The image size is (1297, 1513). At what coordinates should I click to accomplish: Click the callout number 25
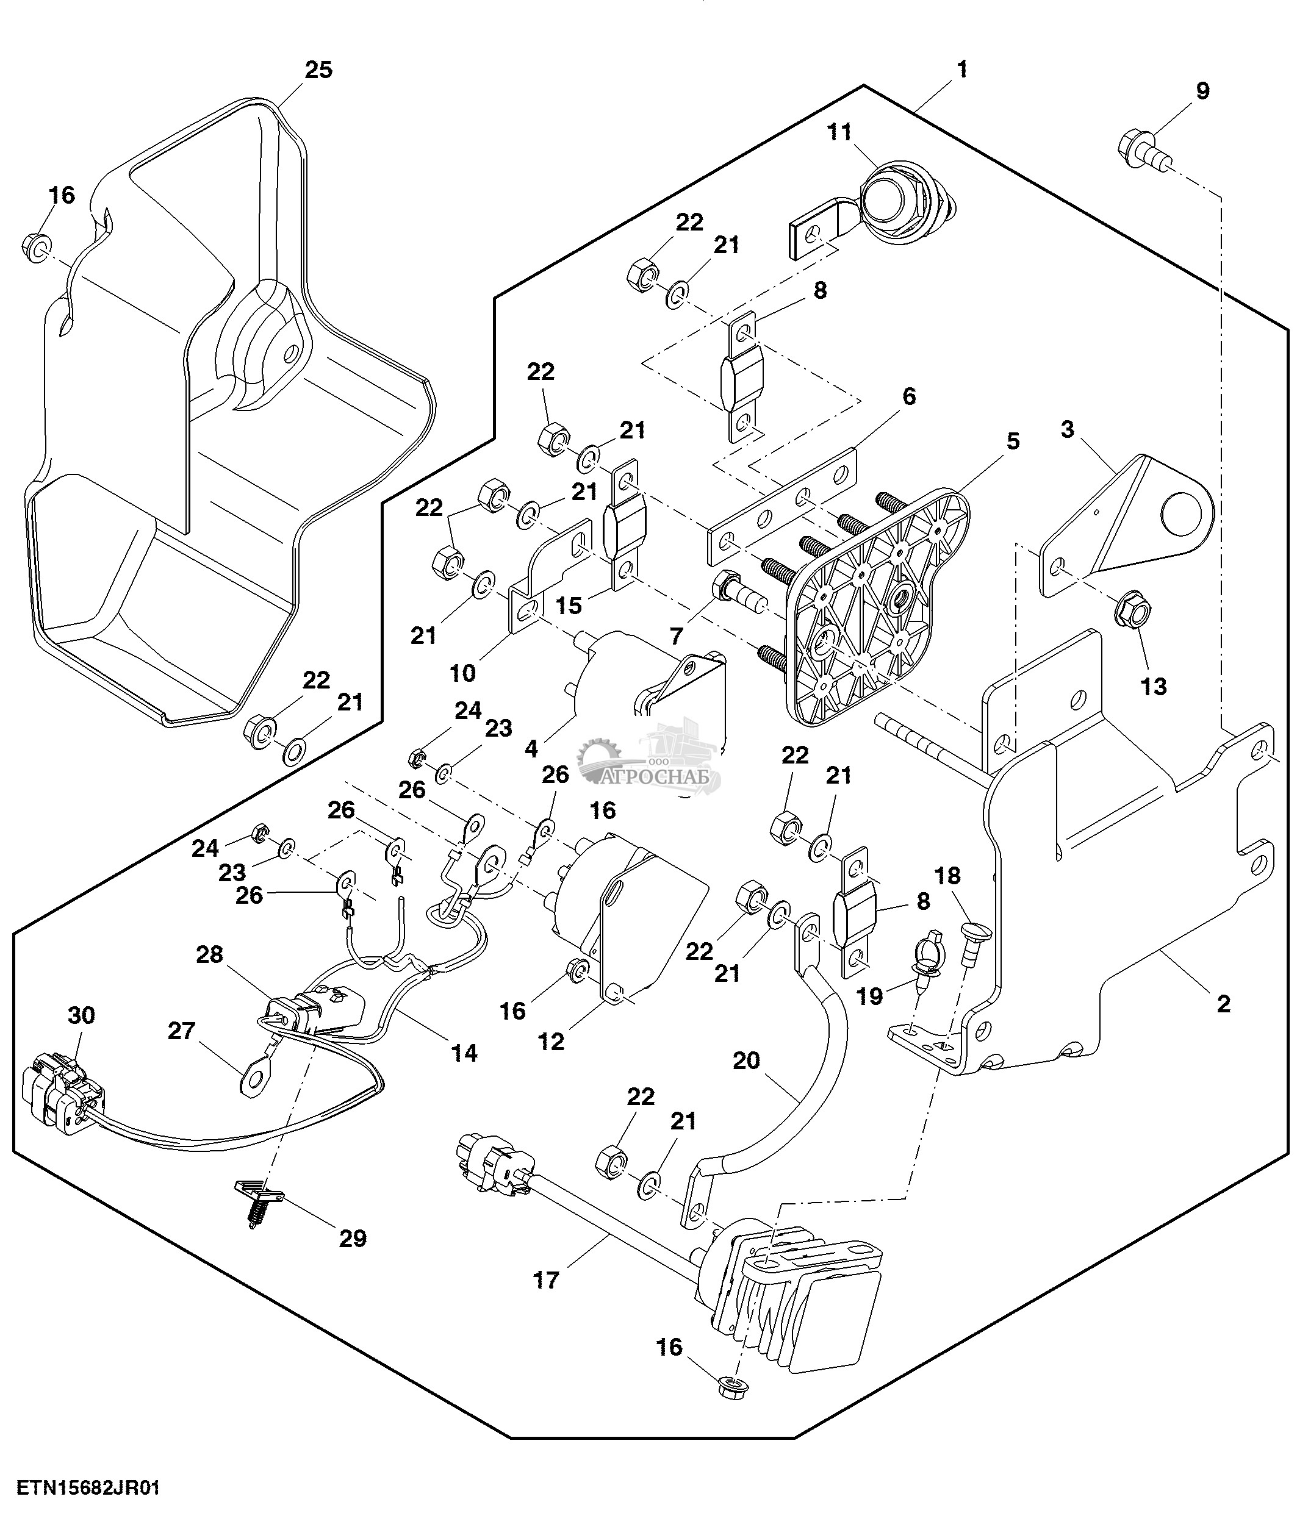pyautogui.click(x=318, y=70)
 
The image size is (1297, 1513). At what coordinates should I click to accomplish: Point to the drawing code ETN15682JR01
pyautogui.click(x=88, y=1487)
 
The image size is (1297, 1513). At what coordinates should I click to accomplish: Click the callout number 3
pyautogui.click(x=1068, y=429)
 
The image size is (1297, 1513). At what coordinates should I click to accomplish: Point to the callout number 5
pyautogui.click(x=1012, y=441)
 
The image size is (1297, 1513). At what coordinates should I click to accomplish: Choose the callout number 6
pyautogui.click(x=908, y=396)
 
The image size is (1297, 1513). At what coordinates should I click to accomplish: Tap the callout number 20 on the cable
pyautogui.click(x=746, y=1061)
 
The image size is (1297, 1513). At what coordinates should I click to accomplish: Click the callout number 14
pyautogui.click(x=464, y=1053)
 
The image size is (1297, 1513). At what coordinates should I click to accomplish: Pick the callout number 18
pyautogui.click(x=948, y=876)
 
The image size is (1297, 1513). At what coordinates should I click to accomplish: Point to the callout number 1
pyautogui.click(x=963, y=70)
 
